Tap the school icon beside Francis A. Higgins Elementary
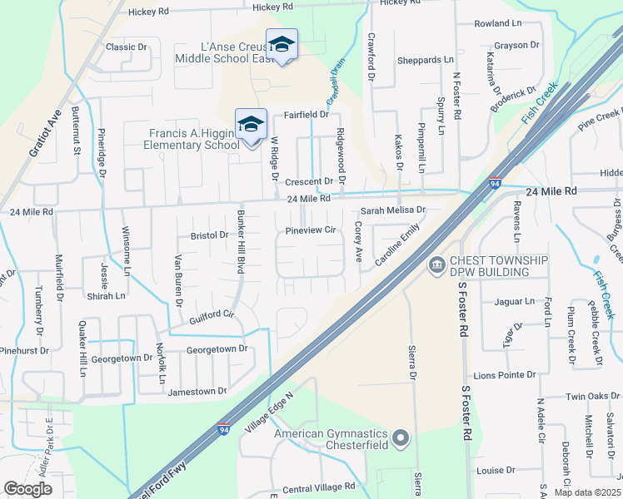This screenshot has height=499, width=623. [251, 125]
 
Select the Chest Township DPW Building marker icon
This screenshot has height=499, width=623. [436, 266]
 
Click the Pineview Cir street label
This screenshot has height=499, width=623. [310, 230]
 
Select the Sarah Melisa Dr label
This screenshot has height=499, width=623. [392, 210]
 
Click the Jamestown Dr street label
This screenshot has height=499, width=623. [197, 391]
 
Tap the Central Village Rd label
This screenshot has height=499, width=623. [319, 486]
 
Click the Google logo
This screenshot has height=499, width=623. [27, 489]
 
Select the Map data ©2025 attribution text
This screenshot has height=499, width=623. [586, 492]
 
